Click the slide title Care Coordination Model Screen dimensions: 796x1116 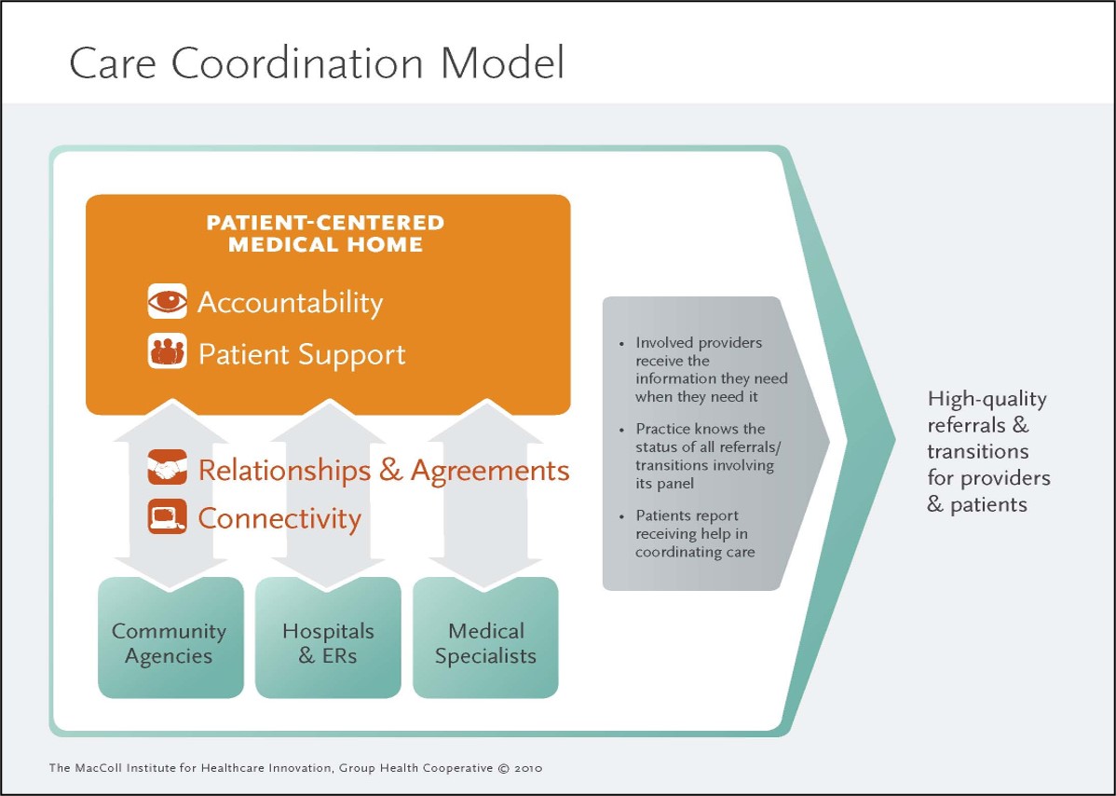click(317, 62)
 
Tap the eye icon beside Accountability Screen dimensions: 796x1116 click(168, 302)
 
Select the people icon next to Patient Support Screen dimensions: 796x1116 click(168, 353)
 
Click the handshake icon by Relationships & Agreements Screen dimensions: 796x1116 click(168, 468)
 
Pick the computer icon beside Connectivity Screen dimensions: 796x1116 click(168, 517)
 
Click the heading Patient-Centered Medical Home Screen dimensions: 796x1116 click(325, 234)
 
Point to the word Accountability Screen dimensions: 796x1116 click(290, 303)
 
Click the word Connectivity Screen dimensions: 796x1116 click(279, 518)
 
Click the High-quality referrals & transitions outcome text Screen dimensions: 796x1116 click(988, 452)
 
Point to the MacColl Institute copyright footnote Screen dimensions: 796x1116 click(295, 768)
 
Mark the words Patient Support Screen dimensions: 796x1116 click(302, 355)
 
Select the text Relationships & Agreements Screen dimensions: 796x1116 click(384, 470)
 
